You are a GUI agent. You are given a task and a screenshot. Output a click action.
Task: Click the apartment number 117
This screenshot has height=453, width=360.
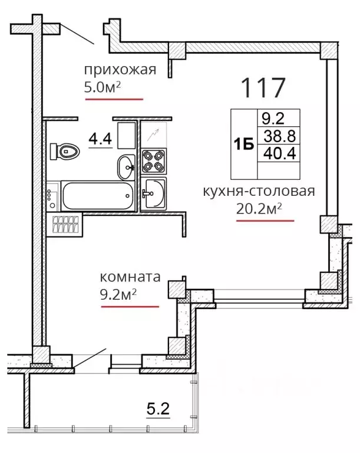coord(263,87)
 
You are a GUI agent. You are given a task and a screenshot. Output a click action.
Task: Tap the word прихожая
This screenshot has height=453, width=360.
coord(120,70)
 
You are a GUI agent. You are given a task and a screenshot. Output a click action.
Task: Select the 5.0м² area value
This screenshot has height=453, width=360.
coord(102,87)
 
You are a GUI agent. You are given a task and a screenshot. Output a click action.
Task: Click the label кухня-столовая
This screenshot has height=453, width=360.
coord(259,191)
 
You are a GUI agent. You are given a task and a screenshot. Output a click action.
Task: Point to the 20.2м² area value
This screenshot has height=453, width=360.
coord(259,208)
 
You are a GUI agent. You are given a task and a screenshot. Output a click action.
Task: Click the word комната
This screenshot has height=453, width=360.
coord(130,277)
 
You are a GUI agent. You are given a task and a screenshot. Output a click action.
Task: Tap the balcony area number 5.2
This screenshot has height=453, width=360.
coord(158,409)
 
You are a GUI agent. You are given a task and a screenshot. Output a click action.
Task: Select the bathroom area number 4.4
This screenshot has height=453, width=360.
coord(100,139)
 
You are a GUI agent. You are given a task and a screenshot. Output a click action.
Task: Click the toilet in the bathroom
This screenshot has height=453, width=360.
coord(65,151)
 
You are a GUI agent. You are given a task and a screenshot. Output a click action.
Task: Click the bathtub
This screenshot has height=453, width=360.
coord(98,196)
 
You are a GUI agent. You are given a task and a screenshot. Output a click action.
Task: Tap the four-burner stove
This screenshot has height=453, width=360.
coord(154,160)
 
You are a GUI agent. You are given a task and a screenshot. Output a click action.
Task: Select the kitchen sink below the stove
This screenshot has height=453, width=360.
coord(154,193)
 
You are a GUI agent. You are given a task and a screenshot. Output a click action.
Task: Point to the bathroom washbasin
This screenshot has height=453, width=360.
coord(126,168)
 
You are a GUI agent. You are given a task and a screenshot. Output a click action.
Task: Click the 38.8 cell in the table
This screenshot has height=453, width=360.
coord(279,136)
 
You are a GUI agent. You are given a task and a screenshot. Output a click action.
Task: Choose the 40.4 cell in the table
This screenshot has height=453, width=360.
coord(279,153)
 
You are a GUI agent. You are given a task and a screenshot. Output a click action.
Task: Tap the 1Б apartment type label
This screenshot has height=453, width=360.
coord(244,144)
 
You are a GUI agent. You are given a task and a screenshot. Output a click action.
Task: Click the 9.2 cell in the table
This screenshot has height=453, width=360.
coord(273,118)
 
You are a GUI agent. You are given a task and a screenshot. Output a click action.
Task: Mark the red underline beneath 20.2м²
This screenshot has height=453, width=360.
coord(265,221)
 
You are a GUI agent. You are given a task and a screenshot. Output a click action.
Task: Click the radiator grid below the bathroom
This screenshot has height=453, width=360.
coord(65,225)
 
